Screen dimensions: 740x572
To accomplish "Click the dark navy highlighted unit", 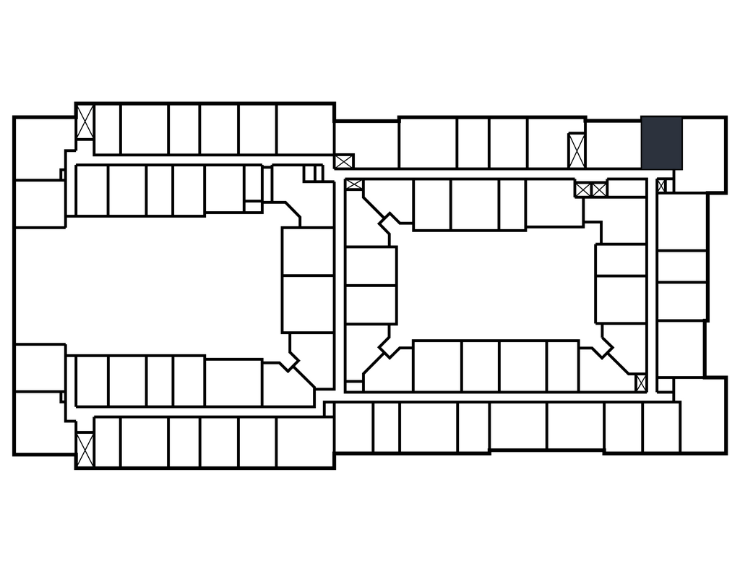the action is (x=662, y=142).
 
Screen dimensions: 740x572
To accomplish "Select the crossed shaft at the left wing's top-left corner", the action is (x=85, y=122).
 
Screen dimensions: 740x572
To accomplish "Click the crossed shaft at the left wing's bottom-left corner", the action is (x=85, y=449).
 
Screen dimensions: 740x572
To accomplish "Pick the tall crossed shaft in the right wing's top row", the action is (x=576, y=150).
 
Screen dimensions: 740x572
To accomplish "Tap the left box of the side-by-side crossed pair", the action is (x=583, y=190).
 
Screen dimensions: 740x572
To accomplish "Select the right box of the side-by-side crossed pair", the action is (x=599, y=190).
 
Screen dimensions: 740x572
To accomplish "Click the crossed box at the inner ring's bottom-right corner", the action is (x=640, y=383).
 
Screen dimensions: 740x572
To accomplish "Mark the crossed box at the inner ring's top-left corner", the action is (x=354, y=184).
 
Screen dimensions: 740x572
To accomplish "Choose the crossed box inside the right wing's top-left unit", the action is (x=343, y=161).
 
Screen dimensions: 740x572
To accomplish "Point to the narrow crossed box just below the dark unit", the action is (x=661, y=186).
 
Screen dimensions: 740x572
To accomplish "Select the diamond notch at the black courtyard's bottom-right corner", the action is (x=602, y=348).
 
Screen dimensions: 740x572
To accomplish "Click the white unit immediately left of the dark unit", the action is (x=613, y=144).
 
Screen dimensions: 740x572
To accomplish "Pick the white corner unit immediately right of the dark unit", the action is (x=703, y=153).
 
